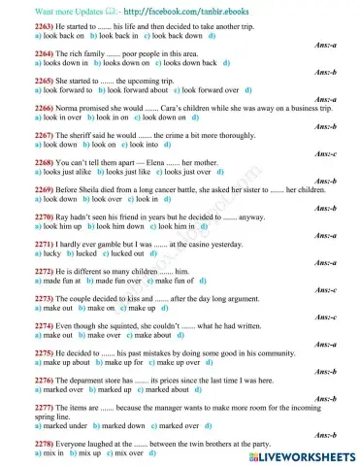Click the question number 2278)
(x=18, y=444)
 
